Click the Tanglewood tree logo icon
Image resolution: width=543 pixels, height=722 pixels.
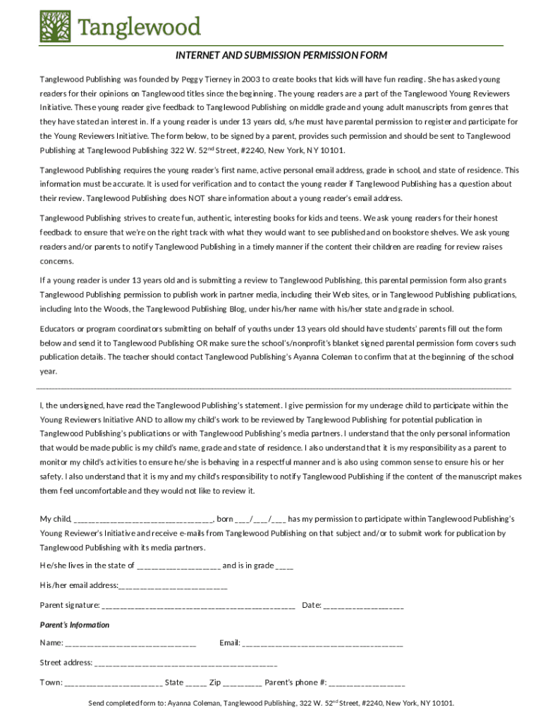[56, 25]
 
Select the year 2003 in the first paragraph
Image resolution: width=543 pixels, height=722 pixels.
[250, 80]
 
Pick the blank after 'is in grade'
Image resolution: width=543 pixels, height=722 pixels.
[284, 565]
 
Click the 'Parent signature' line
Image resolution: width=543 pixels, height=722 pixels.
[198, 605]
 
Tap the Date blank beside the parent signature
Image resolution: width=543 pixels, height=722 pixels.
[364, 605]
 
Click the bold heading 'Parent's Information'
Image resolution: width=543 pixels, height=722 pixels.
[75, 625]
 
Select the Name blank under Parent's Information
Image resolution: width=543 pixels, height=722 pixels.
[130, 643]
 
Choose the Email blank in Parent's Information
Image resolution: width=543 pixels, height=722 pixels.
[322, 643]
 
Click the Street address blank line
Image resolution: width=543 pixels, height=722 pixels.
[186, 663]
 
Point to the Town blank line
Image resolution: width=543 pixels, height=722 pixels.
[114, 683]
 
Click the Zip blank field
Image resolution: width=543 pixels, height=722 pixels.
[243, 683]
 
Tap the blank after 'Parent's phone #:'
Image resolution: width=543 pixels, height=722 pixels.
[367, 683]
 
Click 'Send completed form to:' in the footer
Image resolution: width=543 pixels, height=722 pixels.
[126, 703]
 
